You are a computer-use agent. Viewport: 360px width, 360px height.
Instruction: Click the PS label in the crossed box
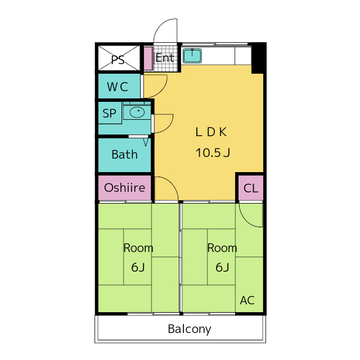pyautogui.click(x=118, y=60)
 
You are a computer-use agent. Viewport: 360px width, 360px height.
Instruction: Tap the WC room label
pyautogui.click(x=118, y=87)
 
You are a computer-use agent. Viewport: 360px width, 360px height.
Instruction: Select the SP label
pyautogui.click(x=109, y=114)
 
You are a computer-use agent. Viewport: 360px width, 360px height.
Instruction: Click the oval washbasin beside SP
pyautogui.click(x=137, y=112)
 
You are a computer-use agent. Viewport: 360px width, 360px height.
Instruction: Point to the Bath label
pyautogui.click(x=125, y=154)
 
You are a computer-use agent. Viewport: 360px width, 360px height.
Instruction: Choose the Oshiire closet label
pyautogui.click(x=125, y=187)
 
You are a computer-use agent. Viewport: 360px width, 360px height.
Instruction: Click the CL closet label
pyautogui.click(x=251, y=188)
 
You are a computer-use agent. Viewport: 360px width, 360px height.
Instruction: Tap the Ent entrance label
pyautogui.click(x=165, y=57)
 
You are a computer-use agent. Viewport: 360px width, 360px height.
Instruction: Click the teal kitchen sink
pyautogui.click(x=192, y=56)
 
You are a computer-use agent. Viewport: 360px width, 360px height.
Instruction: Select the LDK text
pyautogui.click(x=211, y=132)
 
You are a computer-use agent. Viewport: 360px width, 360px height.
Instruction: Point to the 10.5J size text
pyautogui.click(x=213, y=152)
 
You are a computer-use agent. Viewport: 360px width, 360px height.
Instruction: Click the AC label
pyautogui.click(x=247, y=300)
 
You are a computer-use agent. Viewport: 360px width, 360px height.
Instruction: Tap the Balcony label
pyautogui.click(x=190, y=329)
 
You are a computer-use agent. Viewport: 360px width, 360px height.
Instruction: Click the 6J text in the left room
pyautogui.click(x=138, y=267)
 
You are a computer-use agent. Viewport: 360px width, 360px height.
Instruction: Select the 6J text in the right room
pyautogui.click(x=222, y=267)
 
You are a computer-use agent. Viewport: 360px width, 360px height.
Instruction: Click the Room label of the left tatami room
pyautogui.click(x=138, y=248)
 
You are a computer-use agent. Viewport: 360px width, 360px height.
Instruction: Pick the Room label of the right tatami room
pyautogui.click(x=222, y=248)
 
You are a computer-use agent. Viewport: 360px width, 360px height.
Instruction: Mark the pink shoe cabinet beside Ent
pyautogui.click(x=148, y=58)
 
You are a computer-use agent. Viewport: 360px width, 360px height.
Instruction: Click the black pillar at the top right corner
pyautogui.click(x=258, y=58)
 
